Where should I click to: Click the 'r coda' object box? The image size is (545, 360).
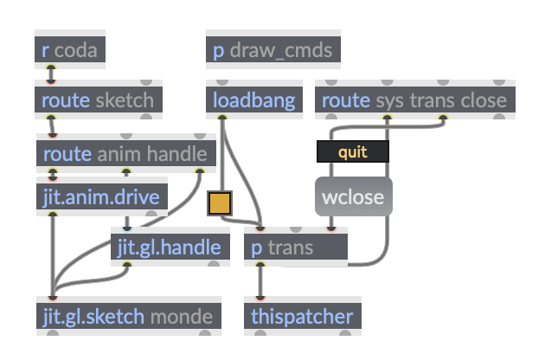tap(70, 50)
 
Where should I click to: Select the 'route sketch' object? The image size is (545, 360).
tap(98, 100)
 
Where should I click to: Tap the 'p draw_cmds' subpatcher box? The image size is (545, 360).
tap(272, 50)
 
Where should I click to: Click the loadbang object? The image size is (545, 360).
tap(254, 100)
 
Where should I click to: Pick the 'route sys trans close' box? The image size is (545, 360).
tap(414, 100)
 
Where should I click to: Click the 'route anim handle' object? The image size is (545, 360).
tap(125, 154)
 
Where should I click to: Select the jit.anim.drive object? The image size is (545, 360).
tap(101, 196)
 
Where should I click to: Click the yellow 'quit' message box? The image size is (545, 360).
tap(353, 152)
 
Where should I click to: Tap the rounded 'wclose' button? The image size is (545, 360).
tap(353, 196)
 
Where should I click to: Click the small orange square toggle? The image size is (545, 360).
tap(220, 203)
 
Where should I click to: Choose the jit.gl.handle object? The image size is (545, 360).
tap(170, 247)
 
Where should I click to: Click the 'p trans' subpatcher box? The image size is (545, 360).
tap(295, 248)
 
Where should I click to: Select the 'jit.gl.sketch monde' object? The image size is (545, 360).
tap(128, 316)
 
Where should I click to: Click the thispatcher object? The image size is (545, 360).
tap(302, 316)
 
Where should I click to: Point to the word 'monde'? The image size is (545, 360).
tap(181, 316)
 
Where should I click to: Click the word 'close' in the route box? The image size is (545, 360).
tap(484, 100)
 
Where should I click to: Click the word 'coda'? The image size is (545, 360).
tap(76, 50)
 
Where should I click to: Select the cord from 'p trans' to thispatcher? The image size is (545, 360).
tap(260, 281)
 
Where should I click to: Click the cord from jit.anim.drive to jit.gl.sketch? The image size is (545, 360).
tap(53, 251)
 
